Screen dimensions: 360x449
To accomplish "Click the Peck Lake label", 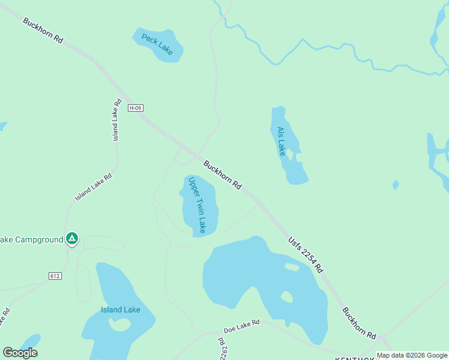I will click(x=157, y=44).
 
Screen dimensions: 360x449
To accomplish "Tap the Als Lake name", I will click(x=281, y=141).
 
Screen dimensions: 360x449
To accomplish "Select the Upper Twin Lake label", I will click(x=197, y=205).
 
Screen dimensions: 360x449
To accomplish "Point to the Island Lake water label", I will click(x=120, y=310).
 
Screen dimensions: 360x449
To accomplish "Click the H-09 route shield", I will click(x=136, y=108).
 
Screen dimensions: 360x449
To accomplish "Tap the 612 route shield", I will click(x=55, y=275).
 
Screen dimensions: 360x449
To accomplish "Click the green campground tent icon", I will click(x=72, y=239).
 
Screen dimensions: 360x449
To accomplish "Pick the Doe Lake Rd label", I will click(x=241, y=326).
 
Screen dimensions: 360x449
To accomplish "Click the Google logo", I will click(x=20, y=353).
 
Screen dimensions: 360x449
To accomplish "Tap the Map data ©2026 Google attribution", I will click(x=412, y=355).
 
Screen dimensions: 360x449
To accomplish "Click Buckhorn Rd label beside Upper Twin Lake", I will click(x=222, y=175).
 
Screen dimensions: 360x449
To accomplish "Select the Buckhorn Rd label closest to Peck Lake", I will click(x=43, y=30).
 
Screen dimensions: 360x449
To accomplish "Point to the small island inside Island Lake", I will click(x=120, y=324).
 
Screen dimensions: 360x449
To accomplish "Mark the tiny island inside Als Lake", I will click(x=289, y=154).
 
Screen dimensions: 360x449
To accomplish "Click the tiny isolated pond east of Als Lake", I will click(x=396, y=185).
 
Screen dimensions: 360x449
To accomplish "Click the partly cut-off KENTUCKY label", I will click(x=356, y=358).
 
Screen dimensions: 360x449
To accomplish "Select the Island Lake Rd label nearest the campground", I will click(x=94, y=187).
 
